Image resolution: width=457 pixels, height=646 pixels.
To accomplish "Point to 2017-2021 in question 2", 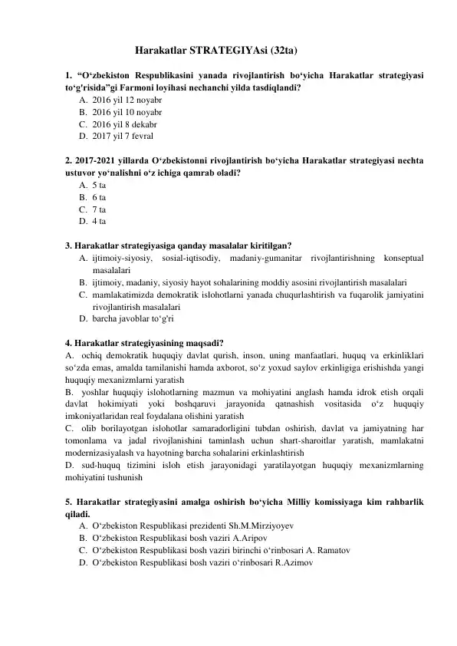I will tap(94, 160).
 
